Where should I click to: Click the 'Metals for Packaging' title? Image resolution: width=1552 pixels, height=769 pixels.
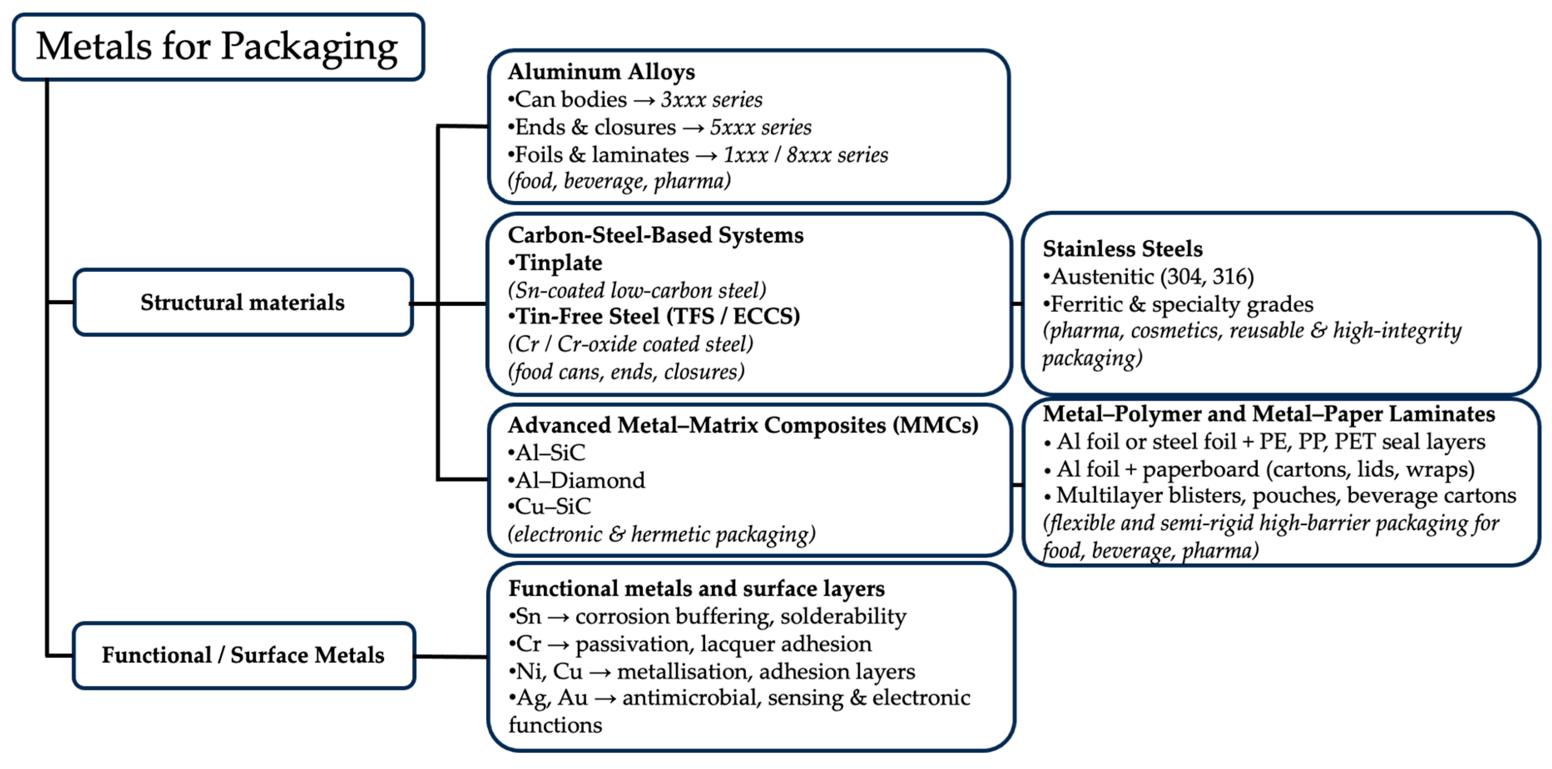tap(217, 47)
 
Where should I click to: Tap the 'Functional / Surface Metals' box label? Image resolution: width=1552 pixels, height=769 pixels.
tap(243, 655)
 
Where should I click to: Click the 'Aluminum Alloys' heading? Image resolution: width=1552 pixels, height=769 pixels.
tap(601, 72)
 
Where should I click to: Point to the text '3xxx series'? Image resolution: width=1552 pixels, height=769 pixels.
tap(712, 99)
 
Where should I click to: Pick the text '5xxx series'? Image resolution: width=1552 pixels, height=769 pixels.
tap(760, 127)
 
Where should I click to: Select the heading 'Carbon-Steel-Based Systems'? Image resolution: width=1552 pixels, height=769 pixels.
tap(656, 235)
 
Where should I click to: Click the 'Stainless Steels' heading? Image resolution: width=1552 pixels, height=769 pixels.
tap(1122, 249)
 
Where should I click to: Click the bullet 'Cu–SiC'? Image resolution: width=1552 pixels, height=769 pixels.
tap(553, 507)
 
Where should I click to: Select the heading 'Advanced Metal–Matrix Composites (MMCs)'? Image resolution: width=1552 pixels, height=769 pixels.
tap(743, 425)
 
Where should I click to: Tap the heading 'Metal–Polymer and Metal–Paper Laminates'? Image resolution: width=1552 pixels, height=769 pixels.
tap(1269, 414)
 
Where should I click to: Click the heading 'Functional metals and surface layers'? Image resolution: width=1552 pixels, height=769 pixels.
tap(696, 589)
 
